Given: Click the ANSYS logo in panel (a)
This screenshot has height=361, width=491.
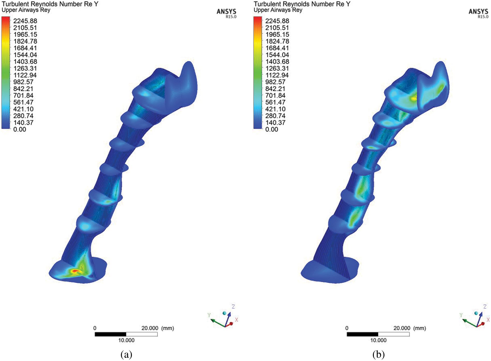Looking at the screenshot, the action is [226, 13].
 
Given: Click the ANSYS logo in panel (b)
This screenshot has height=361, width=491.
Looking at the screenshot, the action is [478, 13].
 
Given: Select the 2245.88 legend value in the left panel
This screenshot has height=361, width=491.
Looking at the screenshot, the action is [25, 21].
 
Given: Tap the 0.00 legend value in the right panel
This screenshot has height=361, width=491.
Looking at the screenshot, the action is [272, 129].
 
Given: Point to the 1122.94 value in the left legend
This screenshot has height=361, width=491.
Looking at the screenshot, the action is [25, 75].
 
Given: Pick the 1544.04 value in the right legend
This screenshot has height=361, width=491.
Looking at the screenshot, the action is [277, 55].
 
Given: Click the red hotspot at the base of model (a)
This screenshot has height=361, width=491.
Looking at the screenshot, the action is [75, 271].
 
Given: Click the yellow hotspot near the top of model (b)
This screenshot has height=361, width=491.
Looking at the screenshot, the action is [414, 98].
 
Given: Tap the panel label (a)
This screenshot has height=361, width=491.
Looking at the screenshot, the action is [126, 355].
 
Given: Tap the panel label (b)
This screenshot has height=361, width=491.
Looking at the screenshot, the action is [378, 355].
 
